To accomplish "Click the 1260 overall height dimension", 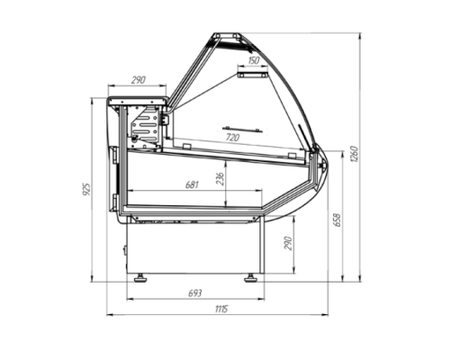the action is coord(354,154).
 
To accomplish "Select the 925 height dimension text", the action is coord(86,189).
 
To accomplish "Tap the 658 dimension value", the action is coord(337,220).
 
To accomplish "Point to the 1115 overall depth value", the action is coord(221,309).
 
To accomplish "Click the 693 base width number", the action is coord(195,293).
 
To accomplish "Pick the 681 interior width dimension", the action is coord(192,184).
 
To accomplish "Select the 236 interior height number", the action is coord(220,179).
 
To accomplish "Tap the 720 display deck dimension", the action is coord(232,138).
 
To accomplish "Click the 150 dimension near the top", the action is coord(254,60).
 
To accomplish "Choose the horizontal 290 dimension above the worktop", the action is coord(139,80).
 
